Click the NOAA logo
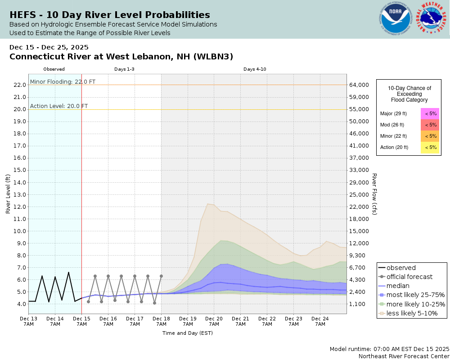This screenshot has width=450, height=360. [396, 19]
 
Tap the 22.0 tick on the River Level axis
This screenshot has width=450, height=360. [20, 85]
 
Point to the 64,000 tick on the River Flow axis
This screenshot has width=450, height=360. [359, 85]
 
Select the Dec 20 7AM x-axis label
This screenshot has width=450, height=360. [214, 321]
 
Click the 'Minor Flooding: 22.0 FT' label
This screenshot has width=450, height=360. [63, 81]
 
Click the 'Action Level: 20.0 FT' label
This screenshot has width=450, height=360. [59, 106]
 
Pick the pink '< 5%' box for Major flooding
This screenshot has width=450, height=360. [430, 114]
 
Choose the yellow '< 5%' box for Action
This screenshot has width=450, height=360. [430, 147]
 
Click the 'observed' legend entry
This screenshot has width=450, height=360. [401, 268]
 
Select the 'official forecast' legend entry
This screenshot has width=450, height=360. [409, 277]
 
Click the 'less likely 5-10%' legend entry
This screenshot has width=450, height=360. [412, 313]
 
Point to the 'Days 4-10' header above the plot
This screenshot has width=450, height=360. [255, 69]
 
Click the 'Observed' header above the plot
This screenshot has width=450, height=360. [54, 69]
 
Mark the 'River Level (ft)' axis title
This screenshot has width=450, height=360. [8, 194]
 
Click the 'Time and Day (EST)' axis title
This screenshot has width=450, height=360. [187, 333]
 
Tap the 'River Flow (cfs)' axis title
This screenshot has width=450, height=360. [374, 194]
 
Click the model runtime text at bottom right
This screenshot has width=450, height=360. [389, 349]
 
